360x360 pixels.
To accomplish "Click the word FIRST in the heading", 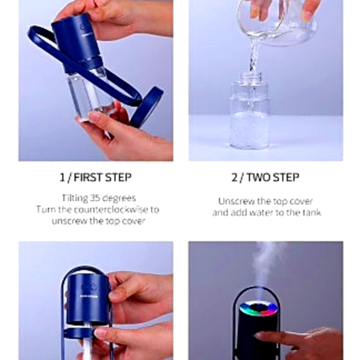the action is [88, 178].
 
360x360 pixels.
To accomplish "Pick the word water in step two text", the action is [261, 213].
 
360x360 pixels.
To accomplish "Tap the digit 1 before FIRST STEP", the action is [62, 178].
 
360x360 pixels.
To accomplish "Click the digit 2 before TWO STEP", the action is [235, 178].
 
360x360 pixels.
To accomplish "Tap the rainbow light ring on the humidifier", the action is [258, 308].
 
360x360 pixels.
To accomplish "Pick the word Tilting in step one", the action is [75, 198].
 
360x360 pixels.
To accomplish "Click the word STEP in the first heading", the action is [118, 178].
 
